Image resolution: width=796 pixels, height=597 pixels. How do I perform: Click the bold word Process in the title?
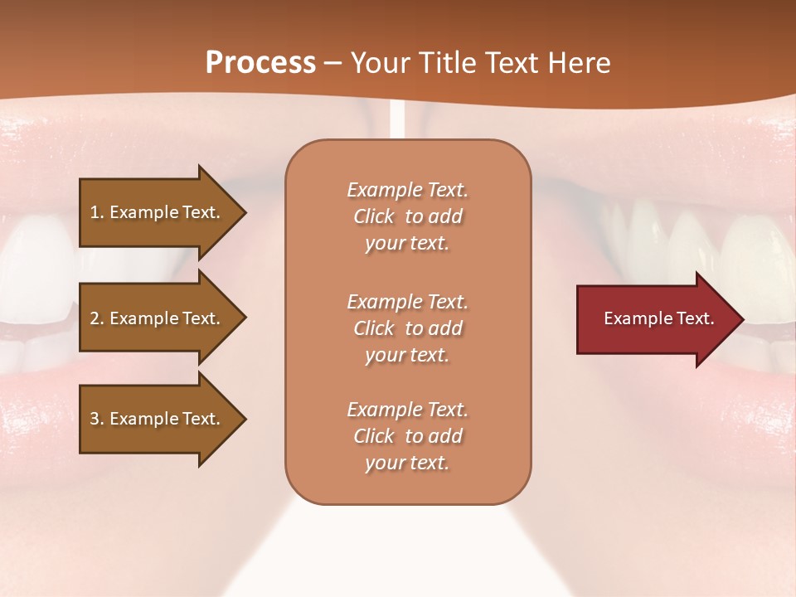(x=260, y=63)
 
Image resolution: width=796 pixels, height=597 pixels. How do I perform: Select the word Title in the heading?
(x=447, y=63)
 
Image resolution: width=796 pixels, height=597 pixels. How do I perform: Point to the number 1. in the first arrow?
(x=97, y=212)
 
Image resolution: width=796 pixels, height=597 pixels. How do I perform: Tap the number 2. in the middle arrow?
(x=97, y=318)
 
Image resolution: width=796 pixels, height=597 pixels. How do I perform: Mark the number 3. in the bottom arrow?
(x=97, y=419)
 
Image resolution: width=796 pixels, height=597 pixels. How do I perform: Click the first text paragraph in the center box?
(x=407, y=216)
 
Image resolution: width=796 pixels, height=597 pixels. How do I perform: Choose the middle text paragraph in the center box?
(x=407, y=328)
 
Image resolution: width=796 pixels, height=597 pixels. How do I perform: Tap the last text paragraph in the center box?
(x=407, y=436)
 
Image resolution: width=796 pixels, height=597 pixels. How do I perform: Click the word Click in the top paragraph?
(x=374, y=216)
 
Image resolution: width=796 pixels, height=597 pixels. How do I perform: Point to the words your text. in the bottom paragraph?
(x=407, y=464)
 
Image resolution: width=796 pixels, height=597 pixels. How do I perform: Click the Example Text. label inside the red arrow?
(x=659, y=318)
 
